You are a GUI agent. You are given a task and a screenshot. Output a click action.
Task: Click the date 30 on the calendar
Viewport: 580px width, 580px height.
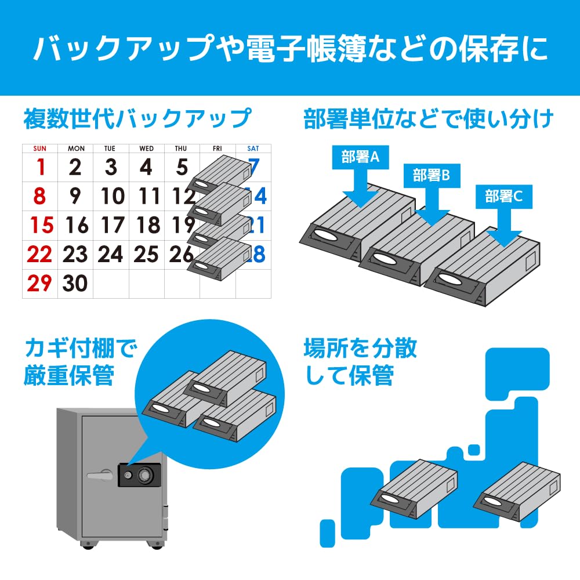click(x=75, y=283)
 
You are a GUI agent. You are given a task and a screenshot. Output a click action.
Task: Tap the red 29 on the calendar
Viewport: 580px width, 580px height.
click(x=39, y=283)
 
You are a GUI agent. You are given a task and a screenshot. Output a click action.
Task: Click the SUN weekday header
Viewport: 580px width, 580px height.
click(x=39, y=148)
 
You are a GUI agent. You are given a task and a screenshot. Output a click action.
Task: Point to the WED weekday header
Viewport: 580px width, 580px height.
click(x=146, y=148)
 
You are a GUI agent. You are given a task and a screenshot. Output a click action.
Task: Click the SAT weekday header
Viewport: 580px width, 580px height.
click(x=253, y=148)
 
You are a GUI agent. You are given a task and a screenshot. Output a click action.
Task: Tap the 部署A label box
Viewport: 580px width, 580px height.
click(x=360, y=157)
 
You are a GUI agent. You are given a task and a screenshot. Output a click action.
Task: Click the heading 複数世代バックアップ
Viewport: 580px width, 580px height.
click(x=137, y=119)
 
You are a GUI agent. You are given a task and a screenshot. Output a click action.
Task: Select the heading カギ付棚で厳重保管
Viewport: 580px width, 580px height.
click(x=81, y=362)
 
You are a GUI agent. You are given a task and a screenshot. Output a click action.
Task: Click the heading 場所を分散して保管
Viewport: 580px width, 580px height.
click(x=360, y=362)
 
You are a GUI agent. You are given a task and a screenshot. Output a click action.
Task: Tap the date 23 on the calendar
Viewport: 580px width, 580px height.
click(x=75, y=254)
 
